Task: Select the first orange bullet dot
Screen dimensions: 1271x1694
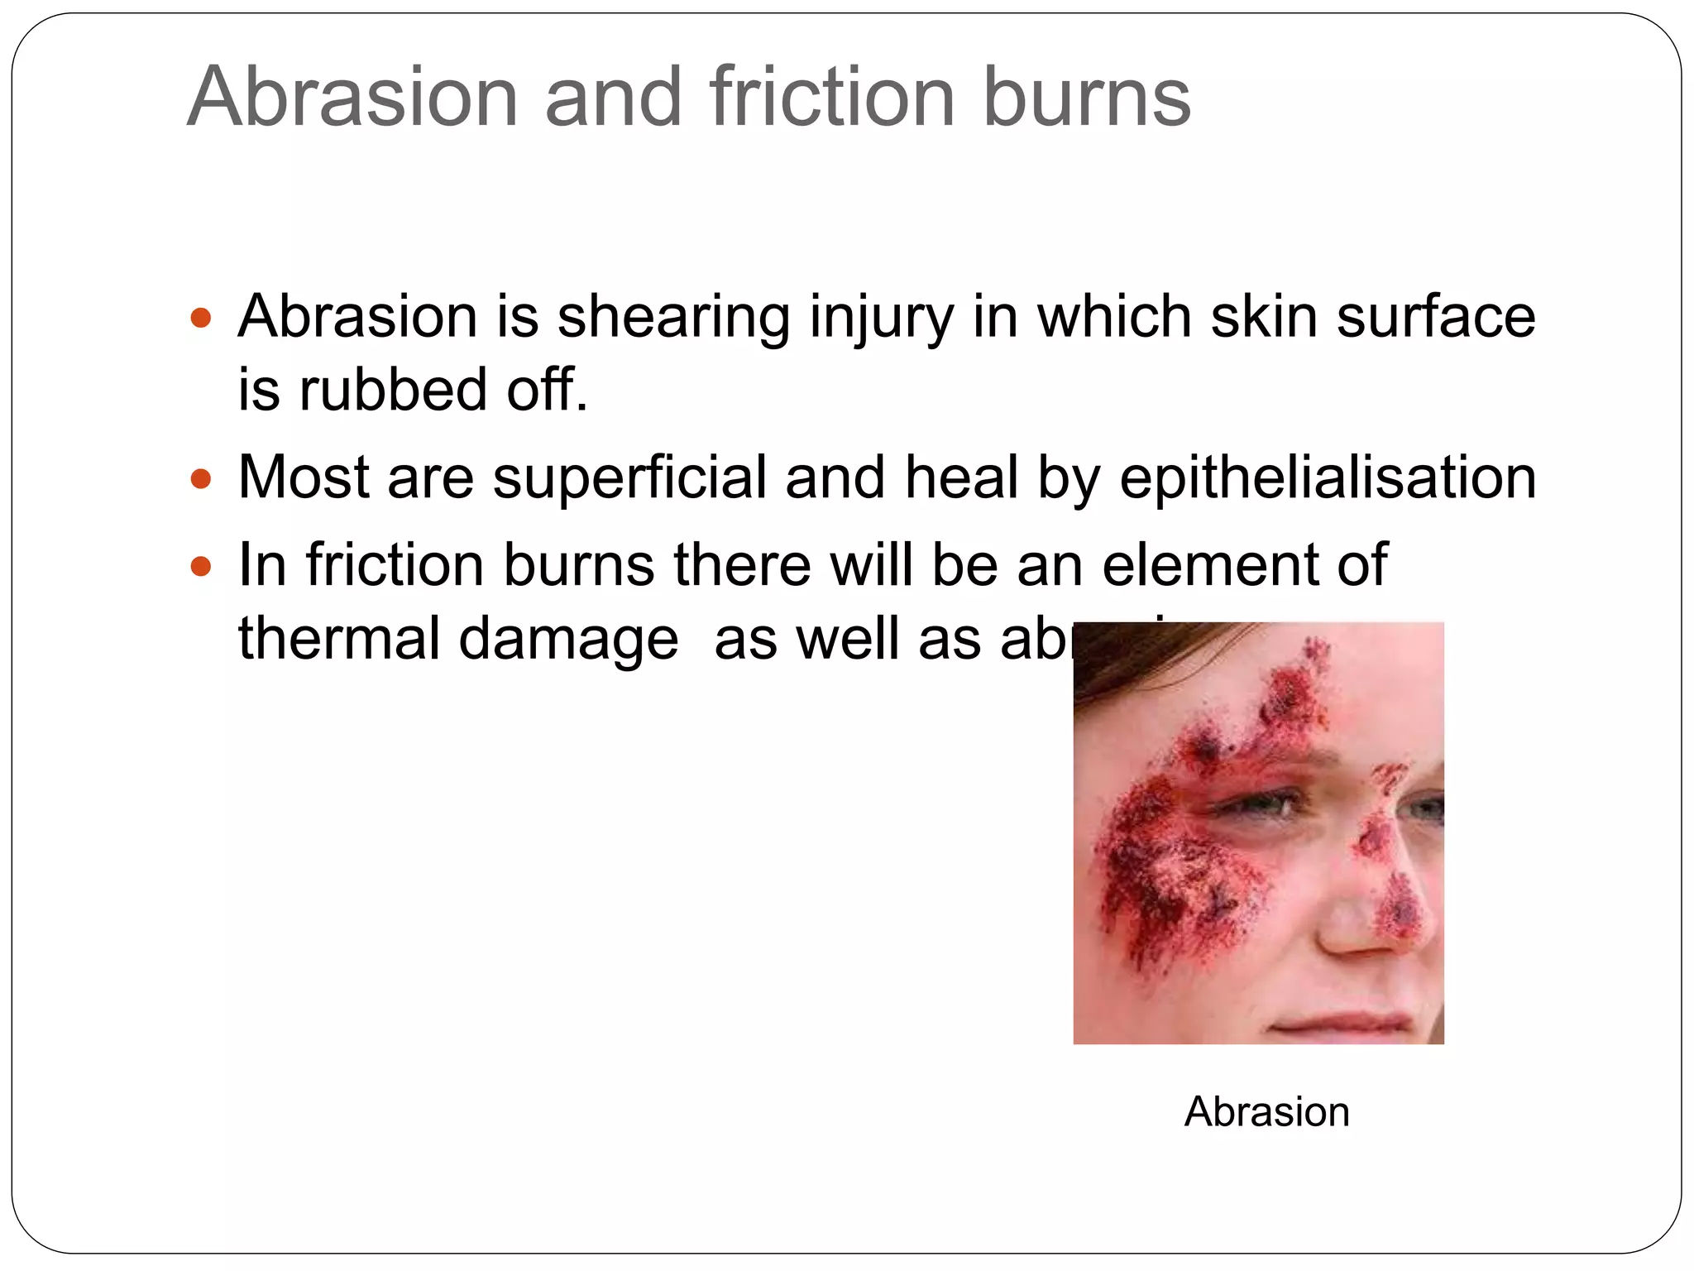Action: pyautogui.click(x=201, y=318)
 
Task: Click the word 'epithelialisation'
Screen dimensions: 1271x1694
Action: pyautogui.click(x=1328, y=478)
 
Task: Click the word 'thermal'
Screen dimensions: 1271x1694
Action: pyautogui.click(x=338, y=640)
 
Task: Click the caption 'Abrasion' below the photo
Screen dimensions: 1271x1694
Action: pyautogui.click(x=1266, y=1111)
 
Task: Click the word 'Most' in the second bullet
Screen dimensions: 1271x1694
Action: pyautogui.click(x=304, y=478)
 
